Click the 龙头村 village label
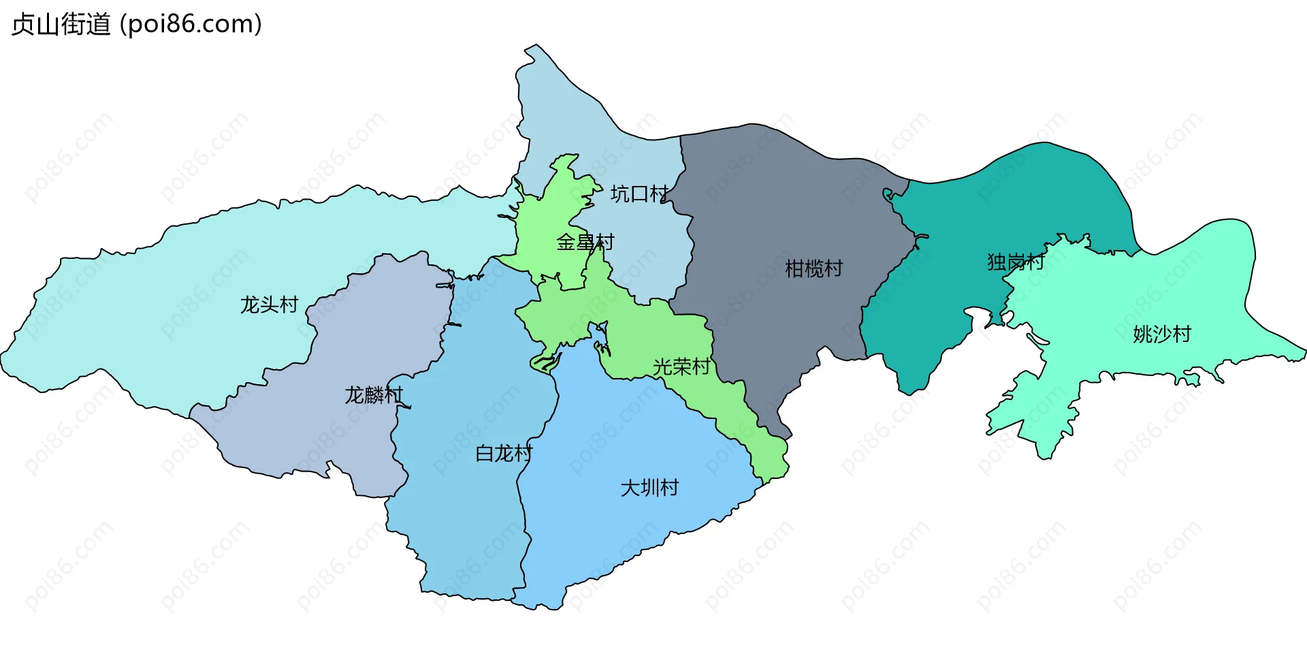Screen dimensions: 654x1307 269,305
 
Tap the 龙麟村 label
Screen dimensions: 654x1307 374,395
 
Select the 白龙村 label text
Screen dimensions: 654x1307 504,454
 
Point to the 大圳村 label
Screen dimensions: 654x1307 649,488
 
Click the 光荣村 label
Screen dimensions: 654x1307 681,367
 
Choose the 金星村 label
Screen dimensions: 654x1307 585,242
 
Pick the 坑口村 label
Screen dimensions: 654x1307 639,194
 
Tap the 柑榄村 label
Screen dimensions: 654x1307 813,269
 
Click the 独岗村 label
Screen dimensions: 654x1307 1016,262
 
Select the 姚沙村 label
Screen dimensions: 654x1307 1162,334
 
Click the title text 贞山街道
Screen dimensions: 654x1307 61,25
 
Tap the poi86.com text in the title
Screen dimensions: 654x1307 191,25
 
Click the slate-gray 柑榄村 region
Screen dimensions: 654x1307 783,204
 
